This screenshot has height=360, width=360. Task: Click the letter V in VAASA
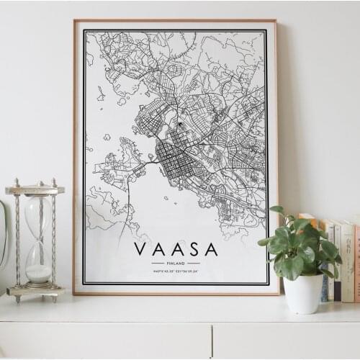coord(140,249)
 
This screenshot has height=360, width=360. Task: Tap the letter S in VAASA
coord(193,249)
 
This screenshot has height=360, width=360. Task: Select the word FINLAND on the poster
coord(176,263)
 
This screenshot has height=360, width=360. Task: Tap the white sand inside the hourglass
coord(38,273)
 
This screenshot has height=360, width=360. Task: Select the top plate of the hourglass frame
coord(35,190)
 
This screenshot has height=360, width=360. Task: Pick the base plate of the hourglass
coord(35,292)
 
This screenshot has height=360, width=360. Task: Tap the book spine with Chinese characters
coord(347,259)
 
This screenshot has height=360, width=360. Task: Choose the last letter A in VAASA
coord(211,249)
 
